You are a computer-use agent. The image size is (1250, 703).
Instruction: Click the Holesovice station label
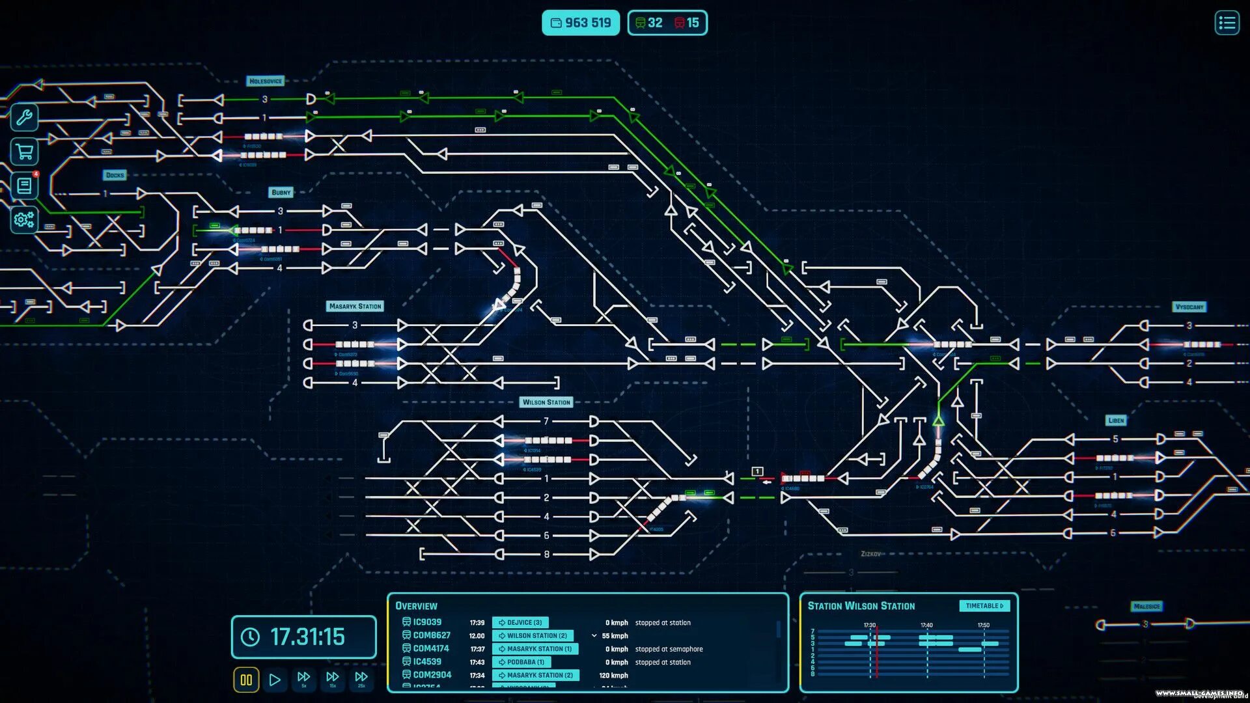(266, 81)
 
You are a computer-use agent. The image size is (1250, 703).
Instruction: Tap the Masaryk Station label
(355, 307)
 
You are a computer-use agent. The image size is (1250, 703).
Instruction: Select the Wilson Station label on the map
(546, 402)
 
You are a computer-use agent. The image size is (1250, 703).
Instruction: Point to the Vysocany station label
(1189, 307)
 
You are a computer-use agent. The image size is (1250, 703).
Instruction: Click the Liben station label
(1116, 420)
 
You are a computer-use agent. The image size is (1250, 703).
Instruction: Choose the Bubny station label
(281, 193)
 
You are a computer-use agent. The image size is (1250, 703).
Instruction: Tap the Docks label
(115, 175)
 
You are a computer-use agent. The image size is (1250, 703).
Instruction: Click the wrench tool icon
(24, 118)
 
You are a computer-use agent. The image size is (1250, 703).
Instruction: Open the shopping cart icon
(24, 152)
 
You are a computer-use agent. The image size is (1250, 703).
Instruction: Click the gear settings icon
(24, 220)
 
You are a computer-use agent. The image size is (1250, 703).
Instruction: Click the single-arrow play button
(275, 680)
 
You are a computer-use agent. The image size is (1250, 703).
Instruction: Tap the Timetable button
(984, 606)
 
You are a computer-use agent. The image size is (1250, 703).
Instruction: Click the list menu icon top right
(1227, 23)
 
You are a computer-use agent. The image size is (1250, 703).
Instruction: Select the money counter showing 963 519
(581, 23)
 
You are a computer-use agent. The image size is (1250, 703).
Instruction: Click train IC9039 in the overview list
(427, 622)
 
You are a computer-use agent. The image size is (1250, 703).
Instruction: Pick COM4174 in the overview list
(430, 649)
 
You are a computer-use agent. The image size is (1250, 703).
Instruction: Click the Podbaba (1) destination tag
(525, 662)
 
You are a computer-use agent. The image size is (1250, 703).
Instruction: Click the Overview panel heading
(417, 606)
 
